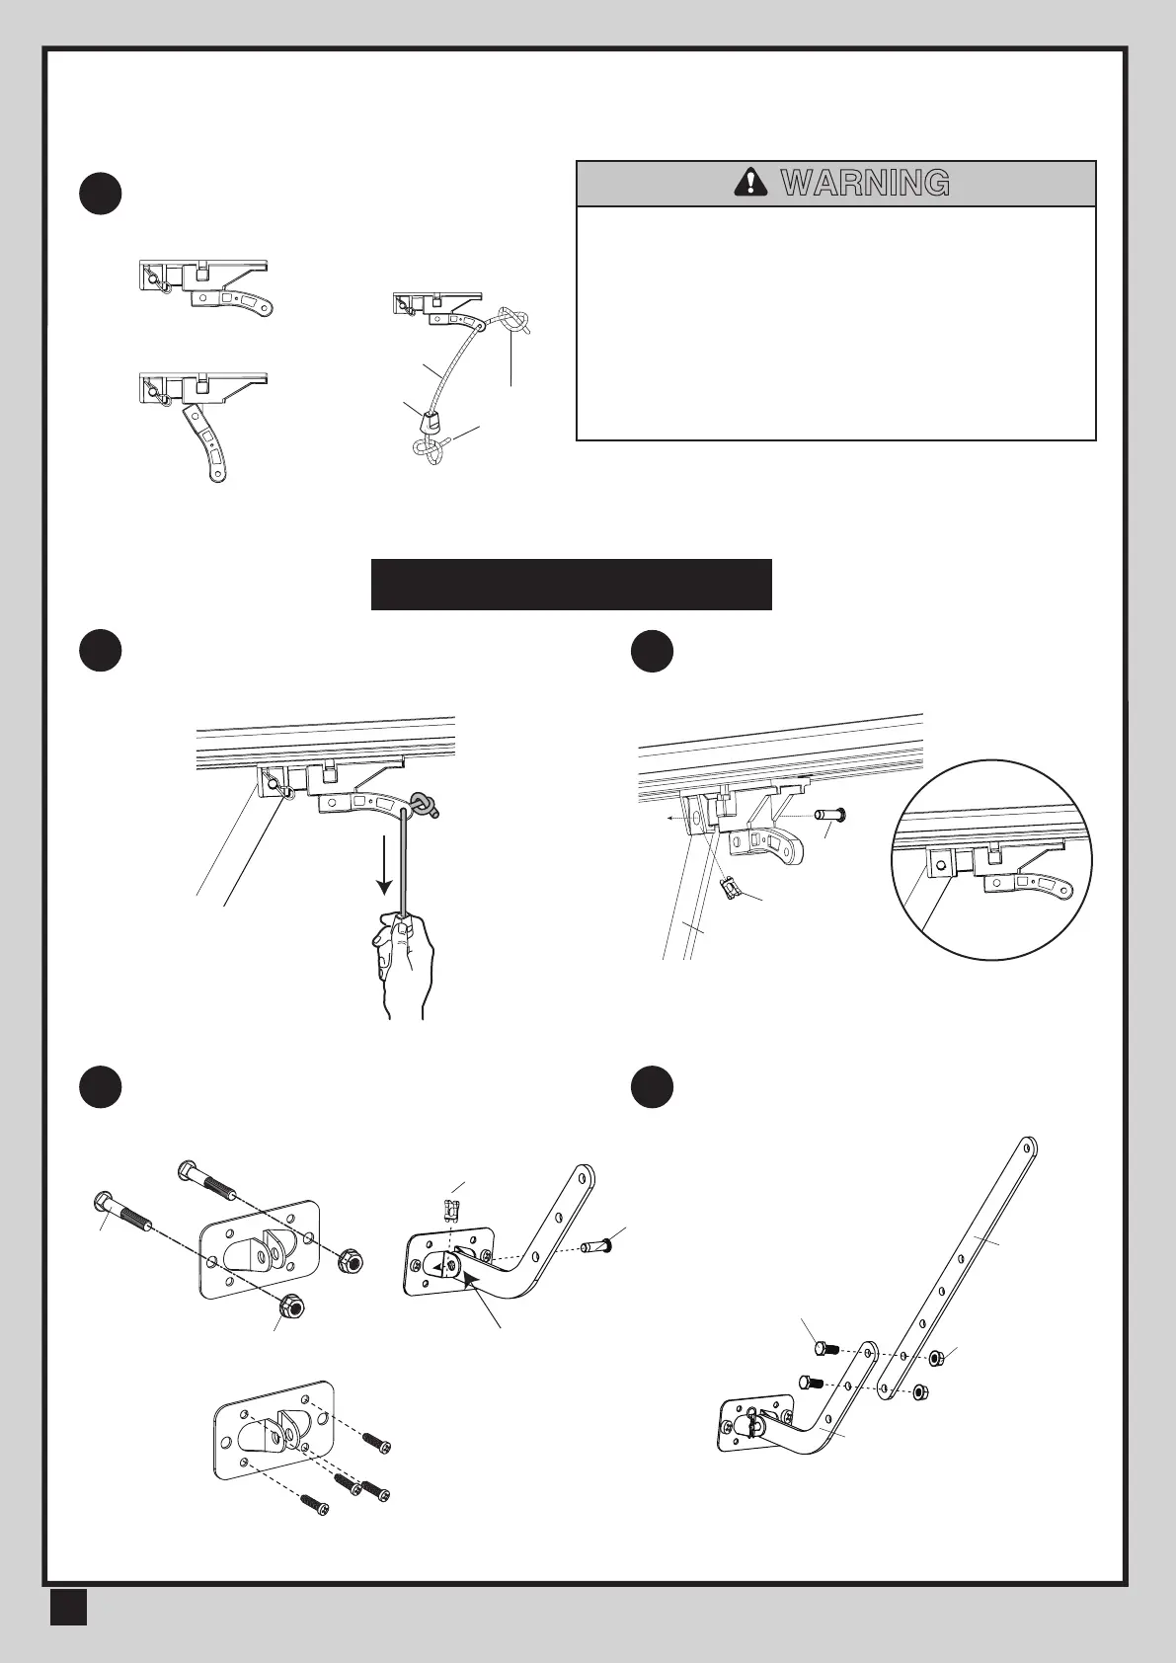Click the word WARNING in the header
865,183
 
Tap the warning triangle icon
752,182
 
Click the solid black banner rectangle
571,585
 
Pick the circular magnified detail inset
987,858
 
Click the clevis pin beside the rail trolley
830,816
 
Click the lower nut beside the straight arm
917,1392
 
